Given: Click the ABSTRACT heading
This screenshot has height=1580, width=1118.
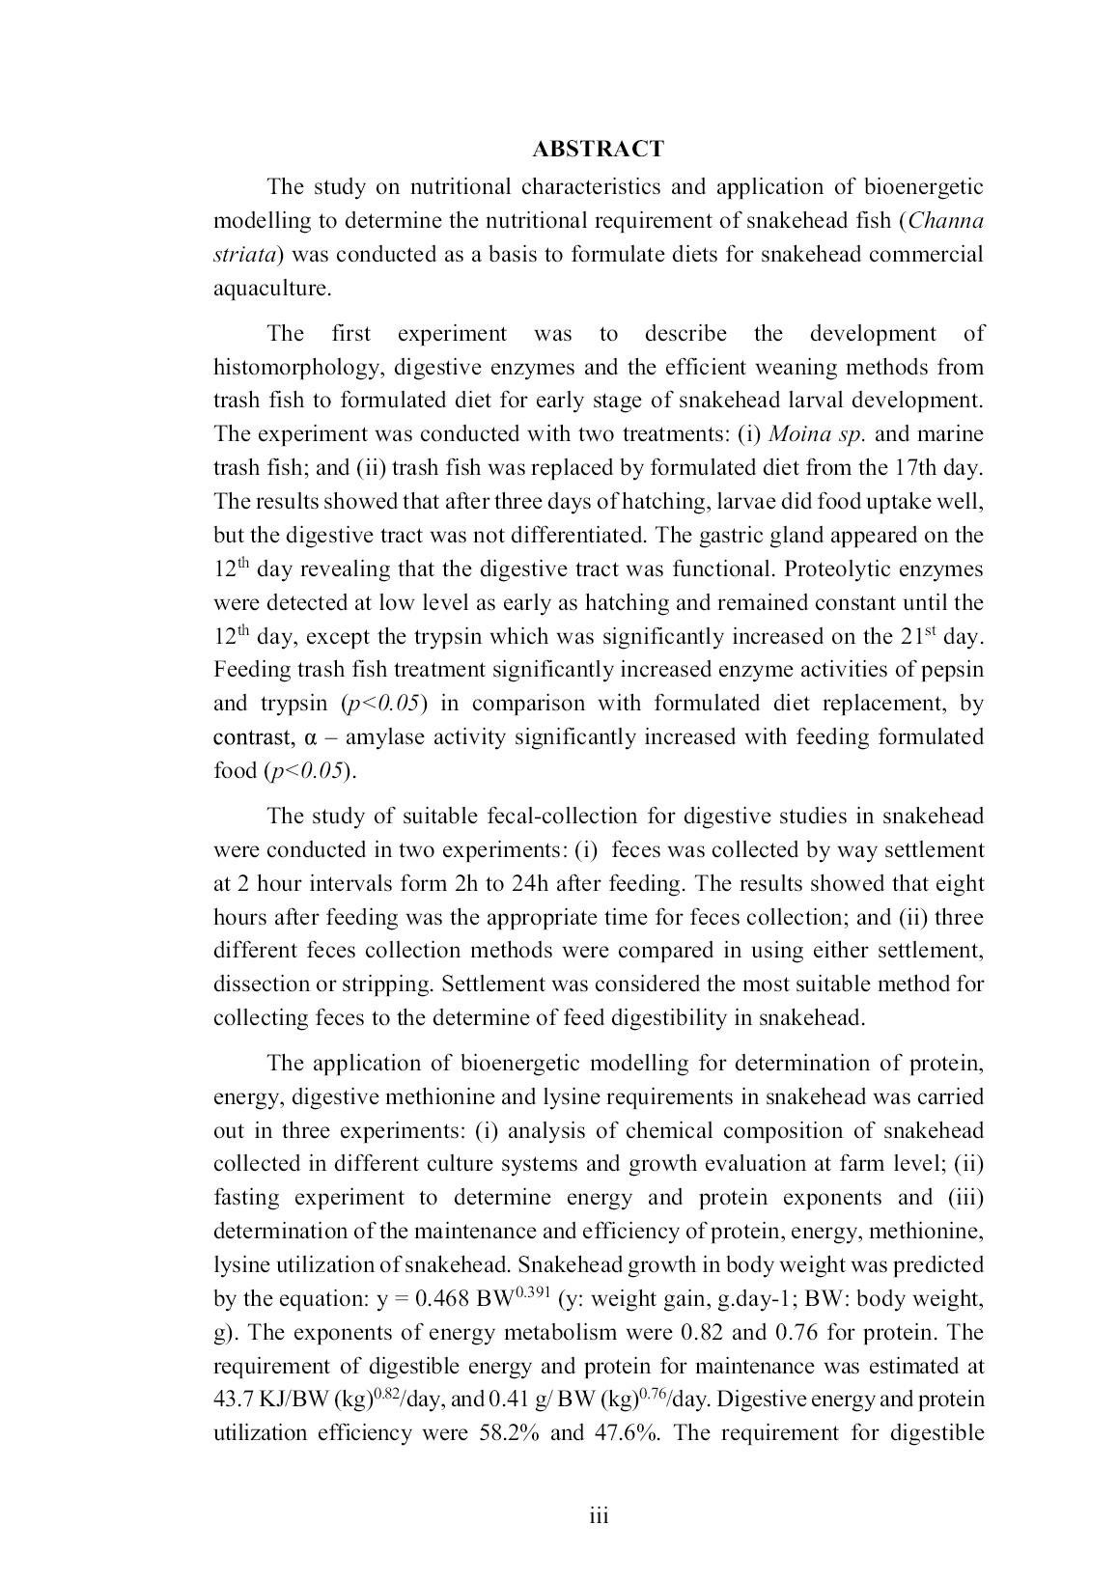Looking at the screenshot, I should pos(598,149).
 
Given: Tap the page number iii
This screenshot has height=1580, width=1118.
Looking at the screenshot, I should pos(599,1515).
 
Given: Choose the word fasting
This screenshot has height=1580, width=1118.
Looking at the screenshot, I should pos(246,1198).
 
